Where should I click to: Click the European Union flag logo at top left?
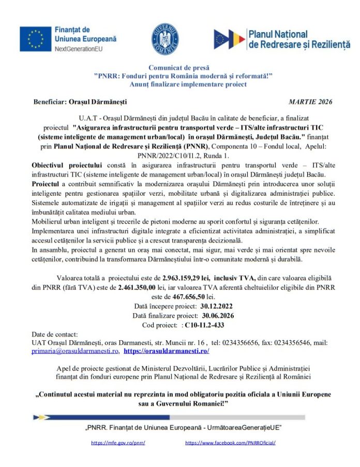tap(36, 38)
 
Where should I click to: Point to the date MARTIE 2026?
tap(310, 101)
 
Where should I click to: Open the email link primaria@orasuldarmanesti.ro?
tap(75, 351)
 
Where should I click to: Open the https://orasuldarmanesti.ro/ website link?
tap(167, 351)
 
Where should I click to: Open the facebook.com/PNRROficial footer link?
tap(230, 443)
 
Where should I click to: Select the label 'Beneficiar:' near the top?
tap(51, 101)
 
